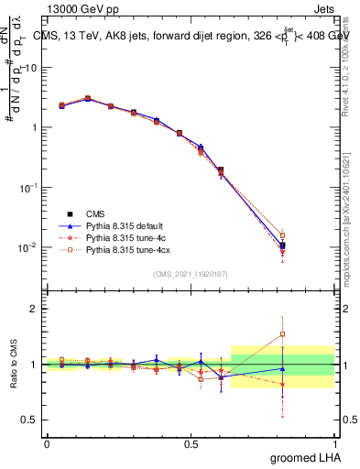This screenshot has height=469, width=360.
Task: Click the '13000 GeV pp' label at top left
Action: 77,7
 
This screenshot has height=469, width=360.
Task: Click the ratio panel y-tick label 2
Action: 34,309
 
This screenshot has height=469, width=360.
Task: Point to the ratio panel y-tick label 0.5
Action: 30,420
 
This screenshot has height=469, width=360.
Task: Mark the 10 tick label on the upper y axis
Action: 31,67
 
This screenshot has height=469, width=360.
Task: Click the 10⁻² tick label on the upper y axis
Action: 28,247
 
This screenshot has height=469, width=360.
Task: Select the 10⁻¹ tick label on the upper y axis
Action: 28,187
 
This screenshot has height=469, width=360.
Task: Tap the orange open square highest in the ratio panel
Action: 282,334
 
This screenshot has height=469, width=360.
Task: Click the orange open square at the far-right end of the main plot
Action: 282,235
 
